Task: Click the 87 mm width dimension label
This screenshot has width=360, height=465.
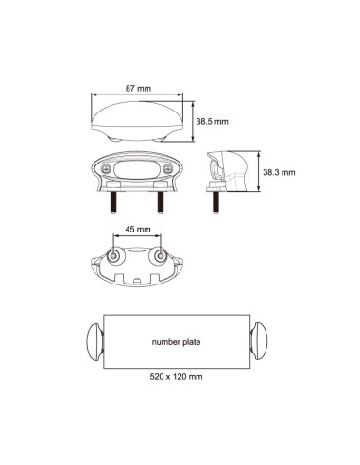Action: tap(138, 88)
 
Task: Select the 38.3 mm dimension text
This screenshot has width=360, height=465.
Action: tap(280, 172)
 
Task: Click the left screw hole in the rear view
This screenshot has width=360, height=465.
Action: tap(114, 257)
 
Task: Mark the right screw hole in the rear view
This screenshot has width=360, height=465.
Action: tap(160, 257)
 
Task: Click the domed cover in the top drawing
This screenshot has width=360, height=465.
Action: tap(138, 122)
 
